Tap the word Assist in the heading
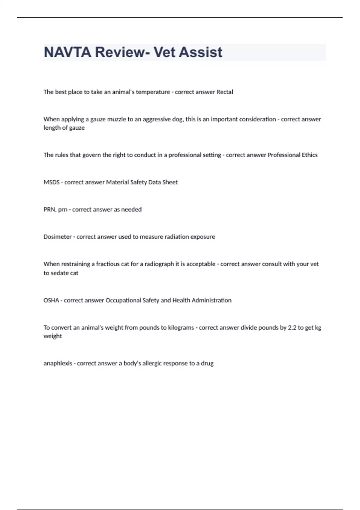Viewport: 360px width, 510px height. tap(201, 52)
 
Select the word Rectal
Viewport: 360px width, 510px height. tap(225, 92)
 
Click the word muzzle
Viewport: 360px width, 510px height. tap(117, 119)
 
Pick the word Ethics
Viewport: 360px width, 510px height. tap(310, 155)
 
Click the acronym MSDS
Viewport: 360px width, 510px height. tap(51, 182)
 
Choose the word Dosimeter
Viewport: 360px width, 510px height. tap(58, 237)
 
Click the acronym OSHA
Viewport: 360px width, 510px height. tap(51, 300)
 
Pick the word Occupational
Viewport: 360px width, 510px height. tap(123, 300)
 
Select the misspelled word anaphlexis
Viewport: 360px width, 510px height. tap(58, 363)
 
